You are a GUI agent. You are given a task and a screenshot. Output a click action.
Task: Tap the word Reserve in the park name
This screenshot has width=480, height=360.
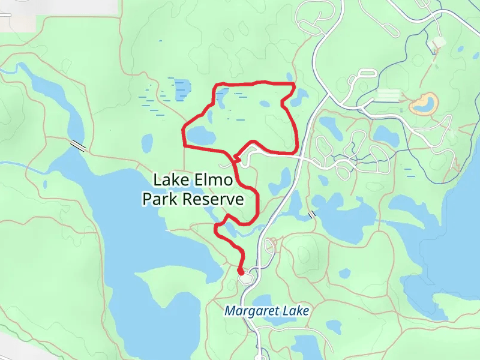coord(214,199)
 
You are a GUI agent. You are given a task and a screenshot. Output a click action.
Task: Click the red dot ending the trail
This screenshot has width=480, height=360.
coord(241,272)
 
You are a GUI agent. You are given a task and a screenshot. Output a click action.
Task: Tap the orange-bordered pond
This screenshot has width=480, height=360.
coord(423,103)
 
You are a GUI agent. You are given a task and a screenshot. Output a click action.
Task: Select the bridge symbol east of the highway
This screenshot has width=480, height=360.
coord(311,214)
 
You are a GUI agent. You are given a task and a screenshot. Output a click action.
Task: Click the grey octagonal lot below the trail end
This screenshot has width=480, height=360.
coord(245,278)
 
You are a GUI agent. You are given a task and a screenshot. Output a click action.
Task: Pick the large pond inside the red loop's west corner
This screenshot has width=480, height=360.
coord(201,134)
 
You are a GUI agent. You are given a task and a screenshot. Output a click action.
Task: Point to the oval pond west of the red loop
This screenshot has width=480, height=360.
coord(147,143)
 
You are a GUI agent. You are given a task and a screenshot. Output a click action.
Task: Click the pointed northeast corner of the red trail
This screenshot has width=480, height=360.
coord(294,86)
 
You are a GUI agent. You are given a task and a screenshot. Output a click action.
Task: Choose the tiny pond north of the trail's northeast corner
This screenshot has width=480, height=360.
coord(290,76)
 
